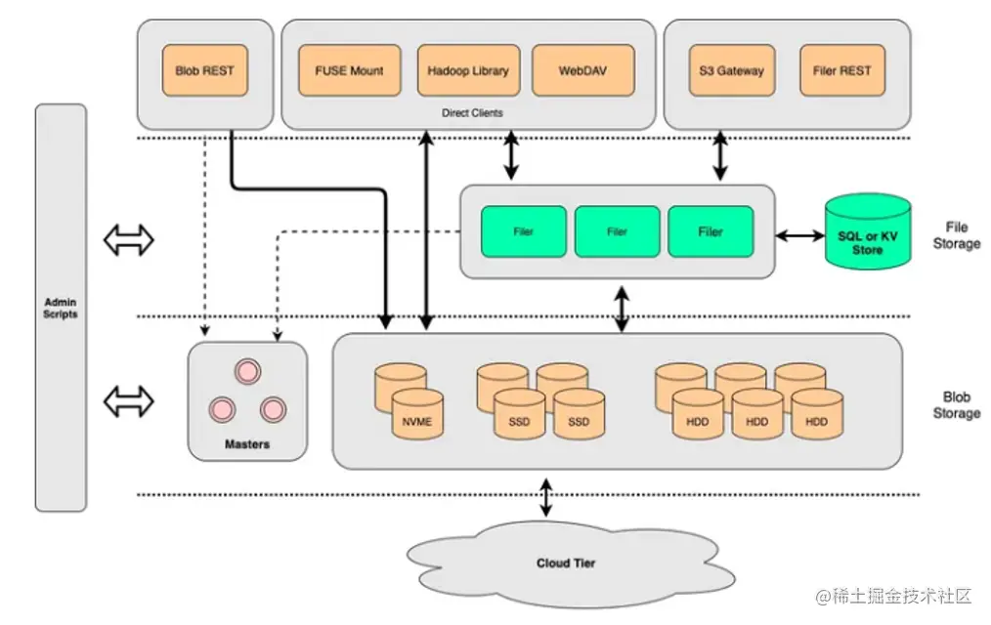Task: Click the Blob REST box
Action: coord(205,70)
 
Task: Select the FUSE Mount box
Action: coord(349,70)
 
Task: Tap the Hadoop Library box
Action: coord(468,70)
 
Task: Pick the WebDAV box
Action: coord(583,70)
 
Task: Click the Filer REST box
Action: coord(841,70)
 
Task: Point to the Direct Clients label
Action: coord(472,113)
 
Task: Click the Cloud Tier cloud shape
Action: coord(566,562)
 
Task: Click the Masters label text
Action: coord(247,444)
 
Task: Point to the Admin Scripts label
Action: coord(61,308)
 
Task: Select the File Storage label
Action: coord(956,234)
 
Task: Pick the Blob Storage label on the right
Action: coord(956,405)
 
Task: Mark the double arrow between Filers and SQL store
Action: coord(799,234)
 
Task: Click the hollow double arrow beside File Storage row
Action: coord(129,239)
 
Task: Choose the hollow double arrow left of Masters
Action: coord(129,400)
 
